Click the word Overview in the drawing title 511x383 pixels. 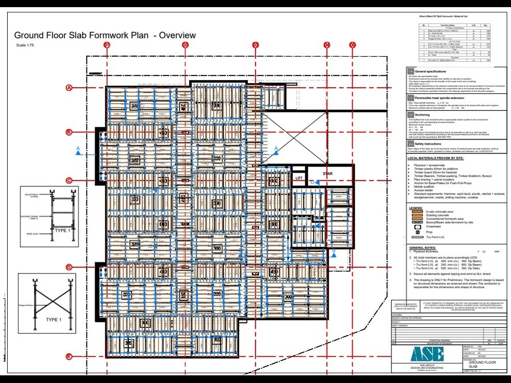tap(177, 35)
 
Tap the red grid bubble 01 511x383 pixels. tap(107, 45)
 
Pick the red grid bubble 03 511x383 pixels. tap(255, 45)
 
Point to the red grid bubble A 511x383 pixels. tap(68, 88)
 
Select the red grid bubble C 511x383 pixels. tap(68, 180)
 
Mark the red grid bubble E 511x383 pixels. tap(68, 356)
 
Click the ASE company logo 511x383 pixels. tap(426, 355)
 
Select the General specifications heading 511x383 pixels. tap(430, 71)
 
